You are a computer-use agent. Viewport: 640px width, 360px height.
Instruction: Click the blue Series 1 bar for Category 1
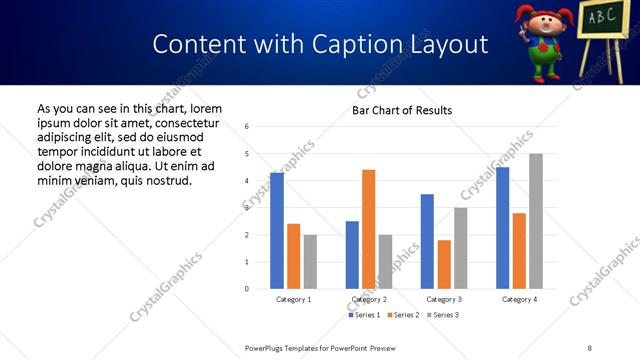tap(277, 231)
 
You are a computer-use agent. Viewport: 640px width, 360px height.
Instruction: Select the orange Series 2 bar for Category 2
tap(369, 229)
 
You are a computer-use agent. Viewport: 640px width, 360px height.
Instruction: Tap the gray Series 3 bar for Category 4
tap(536, 221)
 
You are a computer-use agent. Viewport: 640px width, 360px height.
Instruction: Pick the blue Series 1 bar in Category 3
tap(428, 241)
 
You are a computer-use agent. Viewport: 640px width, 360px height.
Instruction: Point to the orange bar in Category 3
tap(444, 264)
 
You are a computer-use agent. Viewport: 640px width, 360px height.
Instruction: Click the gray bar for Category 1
tap(310, 262)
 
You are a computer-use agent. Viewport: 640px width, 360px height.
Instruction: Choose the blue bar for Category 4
tap(503, 228)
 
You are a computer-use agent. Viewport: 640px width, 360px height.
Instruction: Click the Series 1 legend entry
tap(364, 315)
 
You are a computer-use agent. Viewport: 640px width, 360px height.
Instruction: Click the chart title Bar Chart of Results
tap(402, 110)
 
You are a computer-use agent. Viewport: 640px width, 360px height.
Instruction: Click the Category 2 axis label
tap(368, 299)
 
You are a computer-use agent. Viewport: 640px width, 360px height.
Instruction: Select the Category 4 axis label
tap(519, 299)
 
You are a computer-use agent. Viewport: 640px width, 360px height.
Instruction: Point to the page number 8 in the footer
tap(589, 347)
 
